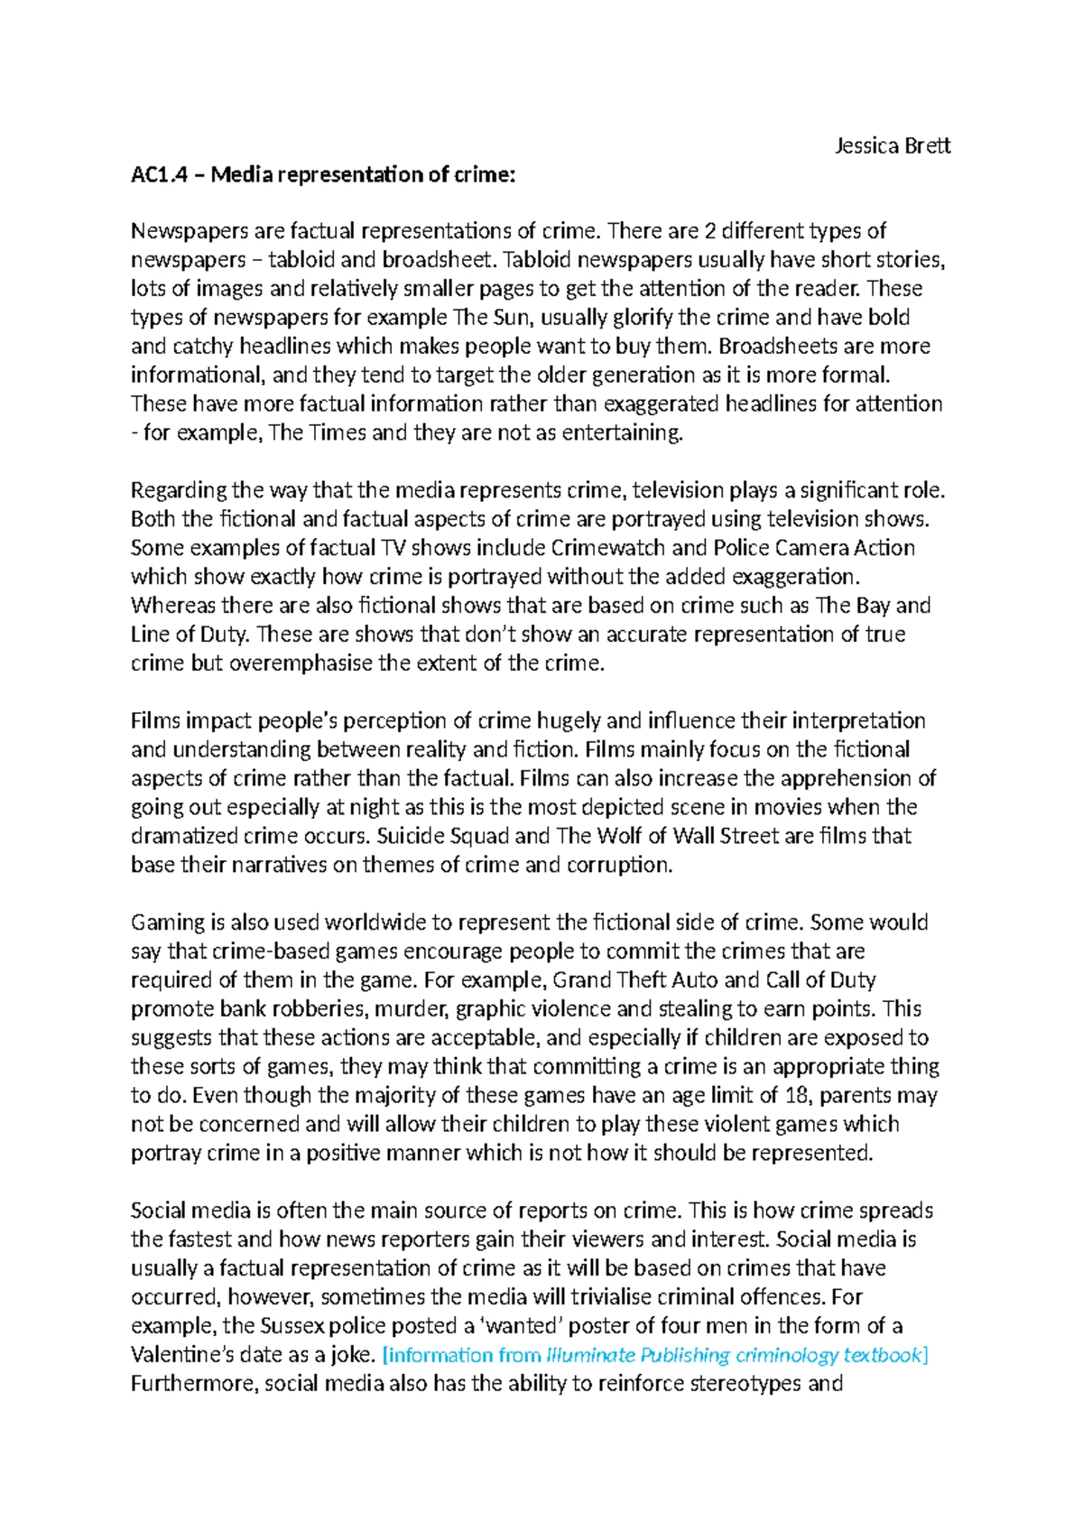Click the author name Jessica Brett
[x=892, y=145]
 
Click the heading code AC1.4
[x=159, y=174]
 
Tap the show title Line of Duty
[x=188, y=635]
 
